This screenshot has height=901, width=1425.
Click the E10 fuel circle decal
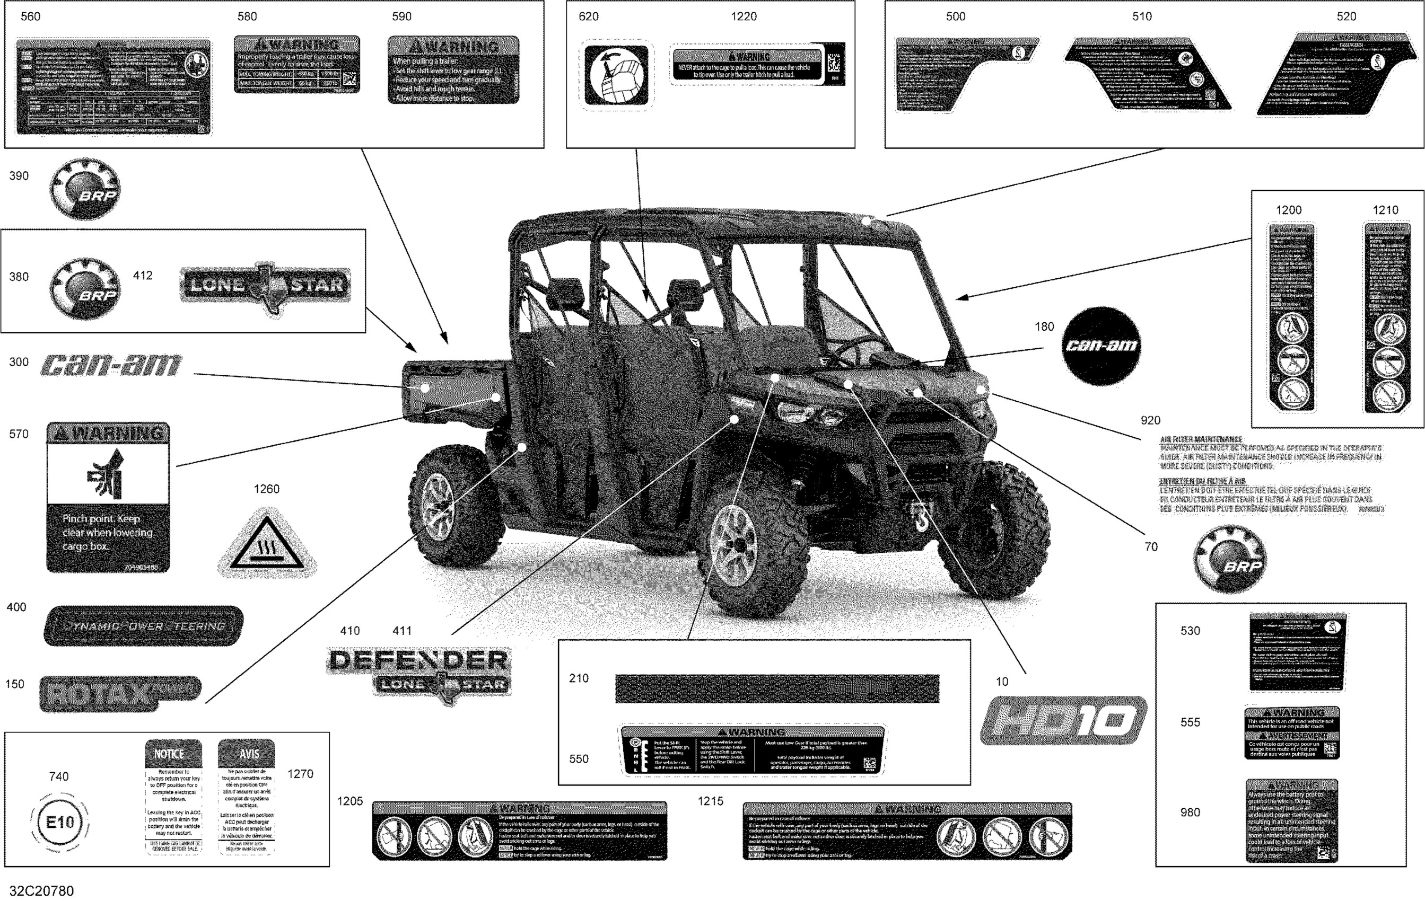click(x=60, y=821)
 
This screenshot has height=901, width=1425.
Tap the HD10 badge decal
click(x=1063, y=720)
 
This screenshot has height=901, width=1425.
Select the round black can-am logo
click(x=1101, y=346)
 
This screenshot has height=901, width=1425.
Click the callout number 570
click(x=19, y=434)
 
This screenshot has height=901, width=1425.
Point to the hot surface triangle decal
click(x=267, y=545)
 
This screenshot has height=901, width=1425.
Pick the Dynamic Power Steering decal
click(x=143, y=625)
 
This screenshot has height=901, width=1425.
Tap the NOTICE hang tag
click(x=173, y=796)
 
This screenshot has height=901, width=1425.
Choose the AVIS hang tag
click(x=247, y=796)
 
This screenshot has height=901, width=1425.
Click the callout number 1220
click(x=744, y=16)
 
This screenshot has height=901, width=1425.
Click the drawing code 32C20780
click(x=41, y=890)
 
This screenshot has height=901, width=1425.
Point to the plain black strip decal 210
click(x=777, y=688)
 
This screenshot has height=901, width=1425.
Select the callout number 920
click(x=1150, y=420)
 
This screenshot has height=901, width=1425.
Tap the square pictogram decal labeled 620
click(x=616, y=75)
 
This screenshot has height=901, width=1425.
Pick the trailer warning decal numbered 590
click(x=453, y=70)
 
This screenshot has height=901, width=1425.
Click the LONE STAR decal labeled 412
click(x=265, y=286)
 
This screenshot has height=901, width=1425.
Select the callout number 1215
click(x=710, y=801)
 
